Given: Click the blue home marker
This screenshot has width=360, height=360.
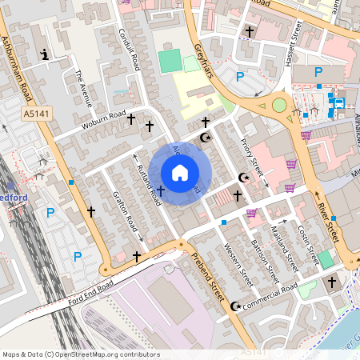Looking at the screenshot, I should [x=180, y=173].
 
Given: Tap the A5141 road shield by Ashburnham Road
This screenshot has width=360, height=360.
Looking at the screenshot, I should [x=34, y=114].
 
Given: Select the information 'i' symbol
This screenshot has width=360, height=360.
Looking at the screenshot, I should [x=44, y=54].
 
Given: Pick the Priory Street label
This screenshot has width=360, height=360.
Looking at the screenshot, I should [x=252, y=156].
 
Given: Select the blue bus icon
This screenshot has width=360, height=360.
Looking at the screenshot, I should [x=338, y=102].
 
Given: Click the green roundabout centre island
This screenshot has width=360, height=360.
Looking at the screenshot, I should [x=278, y=105].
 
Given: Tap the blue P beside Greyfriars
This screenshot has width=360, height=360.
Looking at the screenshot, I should [x=240, y=77].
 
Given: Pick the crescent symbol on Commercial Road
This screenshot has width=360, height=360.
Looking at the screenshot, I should [x=235, y=306].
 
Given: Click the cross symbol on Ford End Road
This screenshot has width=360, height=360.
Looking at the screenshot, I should [x=137, y=257].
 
